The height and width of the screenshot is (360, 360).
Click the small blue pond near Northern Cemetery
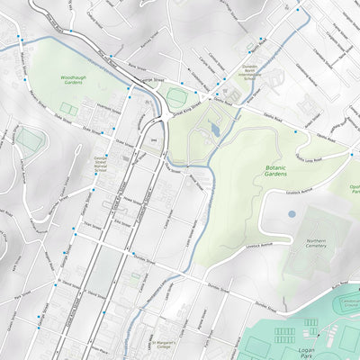click(x=291, y=214)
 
